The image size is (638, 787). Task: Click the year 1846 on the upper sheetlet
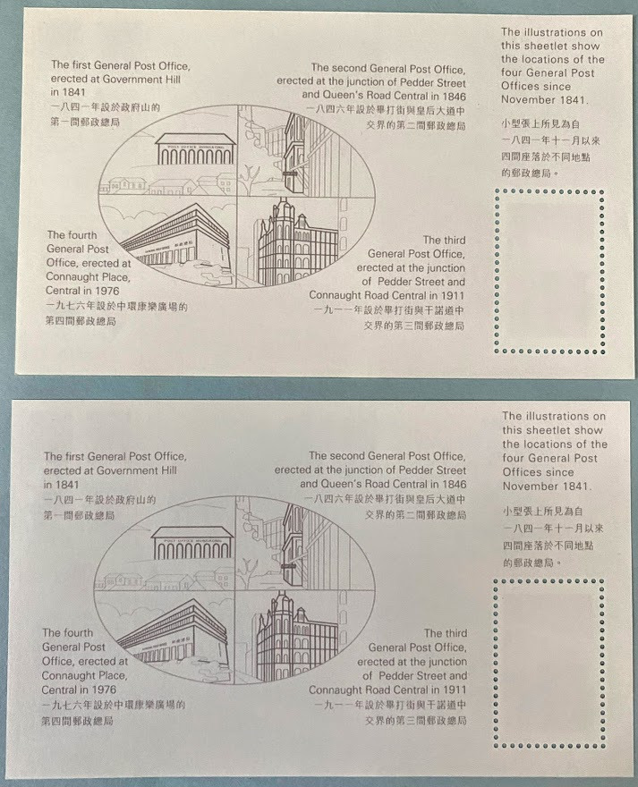[x=454, y=96]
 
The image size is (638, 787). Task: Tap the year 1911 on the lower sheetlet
[x=455, y=690]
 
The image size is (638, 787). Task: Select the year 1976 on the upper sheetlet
[x=107, y=291]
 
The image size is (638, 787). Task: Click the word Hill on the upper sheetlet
[x=172, y=79]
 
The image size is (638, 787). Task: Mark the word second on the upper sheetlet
[x=350, y=68]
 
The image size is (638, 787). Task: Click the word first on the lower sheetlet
[x=72, y=456]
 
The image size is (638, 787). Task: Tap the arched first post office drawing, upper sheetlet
[x=195, y=149]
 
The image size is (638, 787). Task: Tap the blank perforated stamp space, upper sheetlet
[x=550, y=272]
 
